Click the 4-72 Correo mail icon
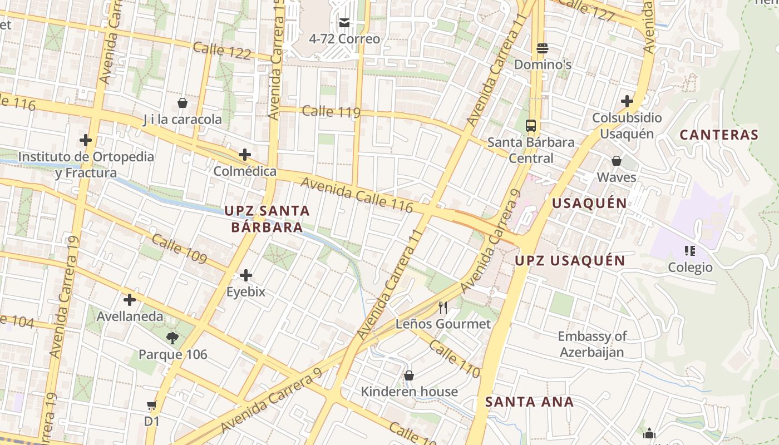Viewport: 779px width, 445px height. (x=344, y=23)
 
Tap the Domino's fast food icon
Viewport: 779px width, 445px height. (x=543, y=48)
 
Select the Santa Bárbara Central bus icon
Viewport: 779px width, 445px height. (x=531, y=126)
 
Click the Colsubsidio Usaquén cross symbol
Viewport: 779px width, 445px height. (x=627, y=101)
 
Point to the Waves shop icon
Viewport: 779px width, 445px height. (x=616, y=161)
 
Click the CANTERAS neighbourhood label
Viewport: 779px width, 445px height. (x=719, y=135)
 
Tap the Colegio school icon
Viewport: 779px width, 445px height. (x=690, y=251)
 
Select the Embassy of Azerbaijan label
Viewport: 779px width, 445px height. (x=592, y=344)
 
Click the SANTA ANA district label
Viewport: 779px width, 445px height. (x=529, y=402)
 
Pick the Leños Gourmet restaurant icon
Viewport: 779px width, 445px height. (x=443, y=307)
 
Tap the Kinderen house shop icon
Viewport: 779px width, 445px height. (x=409, y=375)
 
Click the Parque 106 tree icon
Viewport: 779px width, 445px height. (x=172, y=338)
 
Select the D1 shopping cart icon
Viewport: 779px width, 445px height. (x=151, y=406)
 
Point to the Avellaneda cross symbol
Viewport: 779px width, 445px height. (x=130, y=300)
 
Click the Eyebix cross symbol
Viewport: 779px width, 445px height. (x=245, y=275)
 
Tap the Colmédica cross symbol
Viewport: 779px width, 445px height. (x=244, y=155)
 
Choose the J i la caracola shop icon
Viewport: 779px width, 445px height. (x=182, y=103)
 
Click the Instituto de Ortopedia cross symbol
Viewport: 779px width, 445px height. (x=86, y=140)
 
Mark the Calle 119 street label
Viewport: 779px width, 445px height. (x=331, y=112)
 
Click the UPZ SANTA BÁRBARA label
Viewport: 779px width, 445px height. (x=267, y=219)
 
